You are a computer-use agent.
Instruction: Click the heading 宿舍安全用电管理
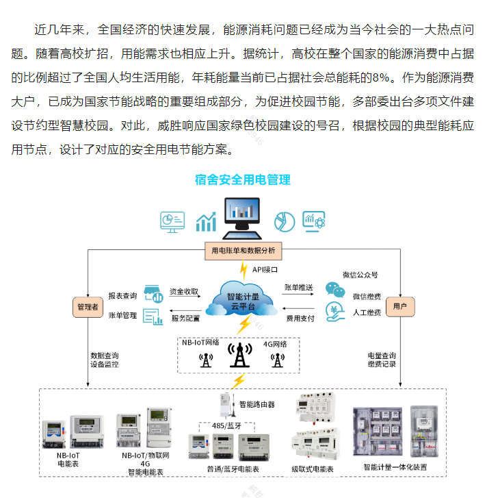click(x=243, y=179)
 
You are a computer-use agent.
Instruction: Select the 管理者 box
click(x=87, y=308)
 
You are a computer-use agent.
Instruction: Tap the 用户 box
click(x=400, y=306)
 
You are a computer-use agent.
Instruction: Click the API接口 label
click(x=265, y=270)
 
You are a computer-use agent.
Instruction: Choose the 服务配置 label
click(x=185, y=319)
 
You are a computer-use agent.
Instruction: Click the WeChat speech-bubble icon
click(x=333, y=289)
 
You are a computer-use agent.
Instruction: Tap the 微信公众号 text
click(x=360, y=275)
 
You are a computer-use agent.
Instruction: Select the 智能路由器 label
click(x=256, y=405)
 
